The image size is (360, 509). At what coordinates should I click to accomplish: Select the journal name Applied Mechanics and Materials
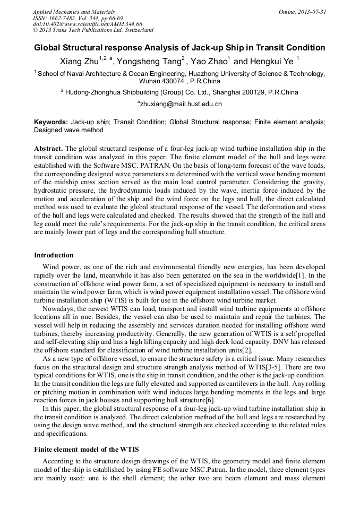point(70,11)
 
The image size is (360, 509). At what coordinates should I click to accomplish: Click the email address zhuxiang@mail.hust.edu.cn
point(181,104)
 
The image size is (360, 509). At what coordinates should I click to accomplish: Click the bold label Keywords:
point(51,122)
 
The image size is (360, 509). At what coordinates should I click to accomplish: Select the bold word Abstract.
point(48,149)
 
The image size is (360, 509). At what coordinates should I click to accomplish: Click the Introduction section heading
point(54,255)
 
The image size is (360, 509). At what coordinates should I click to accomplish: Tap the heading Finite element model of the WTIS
point(88,450)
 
